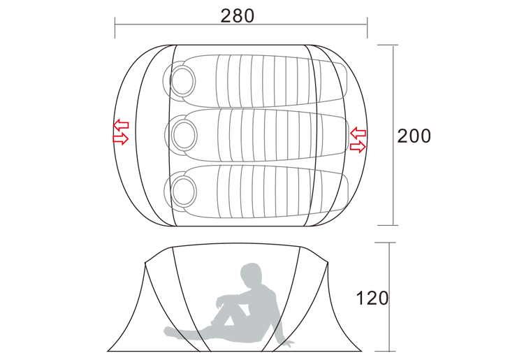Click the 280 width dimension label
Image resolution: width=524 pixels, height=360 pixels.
point(238,15)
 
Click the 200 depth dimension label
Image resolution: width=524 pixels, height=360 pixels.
point(414,136)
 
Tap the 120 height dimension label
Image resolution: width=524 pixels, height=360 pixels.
point(372,298)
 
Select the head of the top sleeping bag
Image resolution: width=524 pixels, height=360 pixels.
point(182,80)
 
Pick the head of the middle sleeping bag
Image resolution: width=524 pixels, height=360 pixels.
point(184,135)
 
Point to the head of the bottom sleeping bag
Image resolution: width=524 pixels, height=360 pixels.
point(184,191)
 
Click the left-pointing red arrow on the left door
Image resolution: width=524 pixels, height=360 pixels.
point(121,125)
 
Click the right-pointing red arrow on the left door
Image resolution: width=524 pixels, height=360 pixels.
point(121,138)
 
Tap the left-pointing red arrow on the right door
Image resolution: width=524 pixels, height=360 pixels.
point(358,133)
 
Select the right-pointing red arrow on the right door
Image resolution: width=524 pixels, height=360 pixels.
point(358,146)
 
